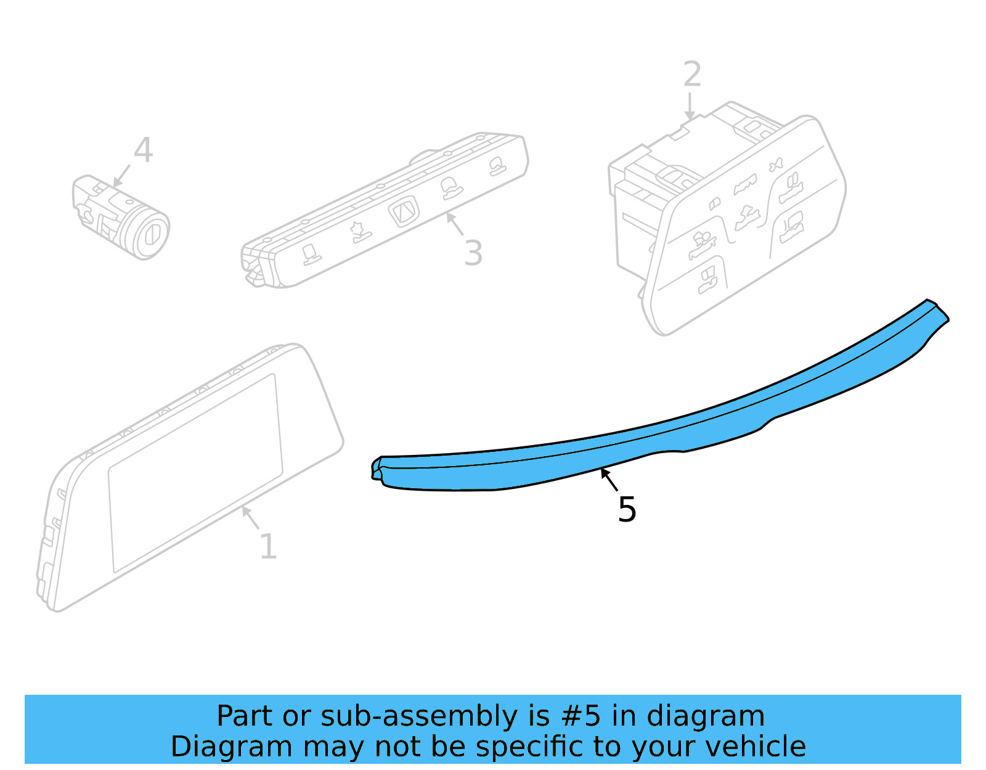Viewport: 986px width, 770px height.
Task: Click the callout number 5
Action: coord(627,510)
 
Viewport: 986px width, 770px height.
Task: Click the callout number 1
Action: coord(268,546)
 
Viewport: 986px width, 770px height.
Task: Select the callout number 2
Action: coord(692,75)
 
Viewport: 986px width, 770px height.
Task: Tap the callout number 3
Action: coord(473,253)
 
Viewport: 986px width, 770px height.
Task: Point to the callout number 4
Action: coord(143,150)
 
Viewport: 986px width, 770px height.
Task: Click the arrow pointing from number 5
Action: coord(609,479)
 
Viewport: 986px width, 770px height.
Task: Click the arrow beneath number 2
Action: coord(690,106)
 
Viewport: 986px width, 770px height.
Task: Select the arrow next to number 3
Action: coord(455,223)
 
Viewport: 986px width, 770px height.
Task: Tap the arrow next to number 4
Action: coord(121,175)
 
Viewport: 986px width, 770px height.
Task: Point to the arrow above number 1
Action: coord(250,517)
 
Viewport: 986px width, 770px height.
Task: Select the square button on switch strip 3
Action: coord(404,212)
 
